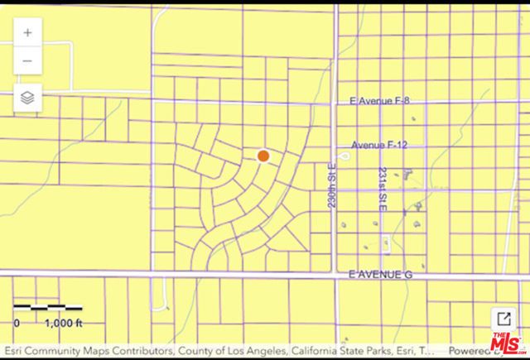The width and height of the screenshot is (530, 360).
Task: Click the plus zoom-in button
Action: pos(27,33)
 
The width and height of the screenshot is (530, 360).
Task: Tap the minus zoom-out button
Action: pos(27,60)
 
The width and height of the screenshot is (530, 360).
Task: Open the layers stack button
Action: pos(27,98)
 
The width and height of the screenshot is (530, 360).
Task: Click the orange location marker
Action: pos(263,156)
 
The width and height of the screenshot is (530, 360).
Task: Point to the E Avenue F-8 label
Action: pos(380,101)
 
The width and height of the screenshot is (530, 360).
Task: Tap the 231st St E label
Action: pos(383,194)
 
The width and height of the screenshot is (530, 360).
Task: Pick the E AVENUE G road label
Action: pos(380,274)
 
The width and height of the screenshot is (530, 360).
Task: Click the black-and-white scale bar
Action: pos(48,310)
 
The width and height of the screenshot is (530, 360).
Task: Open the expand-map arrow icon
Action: pos(502,319)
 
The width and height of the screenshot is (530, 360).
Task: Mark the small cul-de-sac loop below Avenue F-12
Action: pos(344,156)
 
